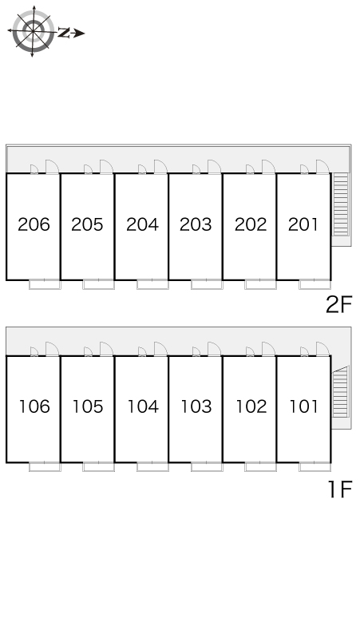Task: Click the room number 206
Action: (34, 224)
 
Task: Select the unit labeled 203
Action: (196, 224)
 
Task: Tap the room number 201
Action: (303, 224)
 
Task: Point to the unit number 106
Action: (34, 406)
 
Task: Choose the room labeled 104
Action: (143, 406)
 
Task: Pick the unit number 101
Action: (303, 406)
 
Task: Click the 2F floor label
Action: (338, 305)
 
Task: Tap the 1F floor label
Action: (339, 489)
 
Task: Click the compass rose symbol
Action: (33, 31)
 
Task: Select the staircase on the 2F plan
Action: (341, 204)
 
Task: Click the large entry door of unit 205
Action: (106, 167)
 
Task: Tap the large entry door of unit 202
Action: (269, 167)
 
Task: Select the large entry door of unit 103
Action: (215, 349)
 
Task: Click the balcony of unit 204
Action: (152, 284)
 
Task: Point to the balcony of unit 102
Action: (260, 466)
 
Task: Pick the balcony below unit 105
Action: (98, 466)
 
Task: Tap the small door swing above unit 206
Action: (34, 169)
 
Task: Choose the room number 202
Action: (251, 224)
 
